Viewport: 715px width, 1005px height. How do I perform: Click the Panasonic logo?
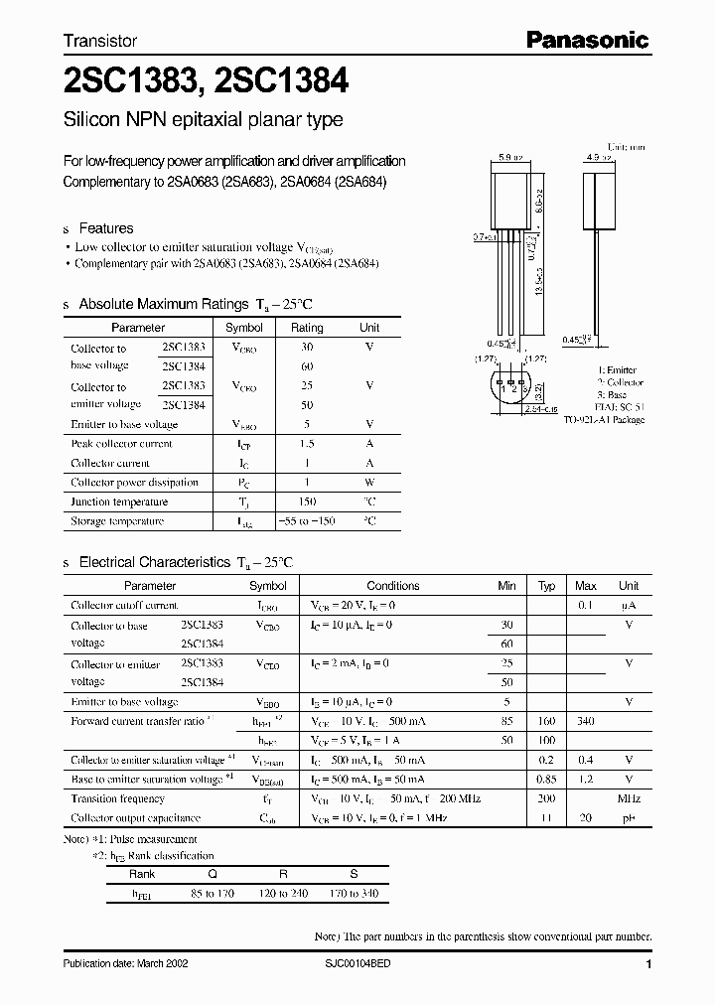[x=587, y=41]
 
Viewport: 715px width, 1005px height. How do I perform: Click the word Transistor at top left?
[x=99, y=42]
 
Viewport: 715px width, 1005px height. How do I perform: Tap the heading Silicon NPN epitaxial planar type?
[x=203, y=120]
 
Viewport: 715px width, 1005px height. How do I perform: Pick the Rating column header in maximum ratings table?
[x=307, y=328]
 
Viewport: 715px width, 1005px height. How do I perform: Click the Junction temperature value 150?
[x=307, y=502]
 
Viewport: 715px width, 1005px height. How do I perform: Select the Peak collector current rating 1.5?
[x=307, y=444]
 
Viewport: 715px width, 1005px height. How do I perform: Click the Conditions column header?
[x=393, y=586]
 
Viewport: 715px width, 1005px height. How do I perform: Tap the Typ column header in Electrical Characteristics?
[x=546, y=586]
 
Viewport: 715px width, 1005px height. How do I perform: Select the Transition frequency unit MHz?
[x=628, y=798]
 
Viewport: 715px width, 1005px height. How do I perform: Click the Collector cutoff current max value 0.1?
[x=586, y=606]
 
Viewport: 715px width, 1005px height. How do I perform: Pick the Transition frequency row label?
[x=117, y=798]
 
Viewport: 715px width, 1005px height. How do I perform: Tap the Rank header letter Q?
[x=211, y=875]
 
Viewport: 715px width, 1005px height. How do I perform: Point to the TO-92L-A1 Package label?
[x=604, y=420]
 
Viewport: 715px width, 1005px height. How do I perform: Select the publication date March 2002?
[x=125, y=964]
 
